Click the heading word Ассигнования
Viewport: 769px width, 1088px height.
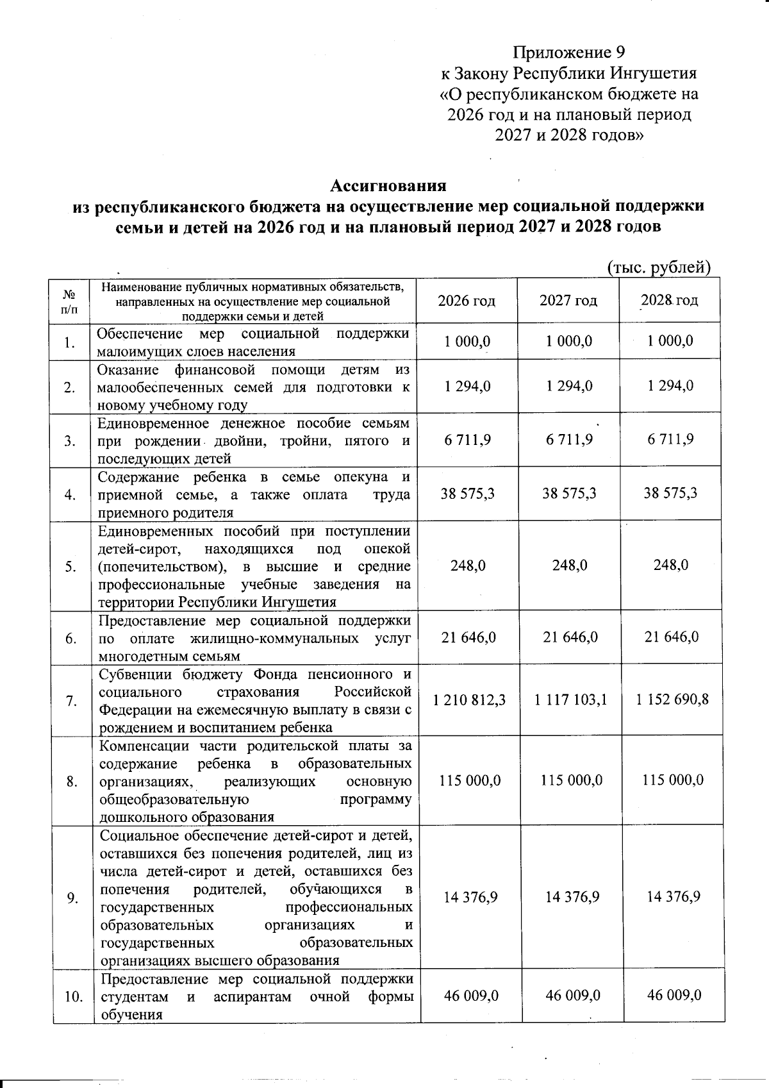388,186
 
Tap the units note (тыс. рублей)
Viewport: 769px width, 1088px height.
659,267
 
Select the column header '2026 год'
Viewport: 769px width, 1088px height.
467,300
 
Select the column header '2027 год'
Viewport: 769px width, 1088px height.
568,300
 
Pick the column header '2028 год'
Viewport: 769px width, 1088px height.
670,300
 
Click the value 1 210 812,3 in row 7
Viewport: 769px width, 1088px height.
469,700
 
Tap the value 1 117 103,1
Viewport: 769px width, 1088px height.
570,700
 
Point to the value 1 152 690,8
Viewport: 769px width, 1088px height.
672,700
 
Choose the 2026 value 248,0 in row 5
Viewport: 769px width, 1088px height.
468,565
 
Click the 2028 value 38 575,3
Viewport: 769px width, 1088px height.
670,493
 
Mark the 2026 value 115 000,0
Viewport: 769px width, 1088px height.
470,780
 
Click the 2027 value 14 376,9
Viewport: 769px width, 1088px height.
572,897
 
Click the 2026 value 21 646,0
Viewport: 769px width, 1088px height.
468,637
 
